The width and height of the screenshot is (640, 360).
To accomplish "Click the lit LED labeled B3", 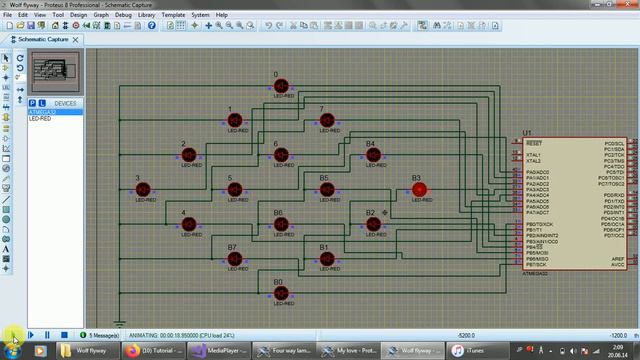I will coord(419,188).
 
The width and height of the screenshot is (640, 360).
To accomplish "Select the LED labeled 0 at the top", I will coord(281,86).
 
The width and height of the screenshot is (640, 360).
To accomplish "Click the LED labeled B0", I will coord(281,294).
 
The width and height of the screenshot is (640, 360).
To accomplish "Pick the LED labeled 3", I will coord(143,188).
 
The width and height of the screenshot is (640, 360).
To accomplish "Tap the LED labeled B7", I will coord(236,259).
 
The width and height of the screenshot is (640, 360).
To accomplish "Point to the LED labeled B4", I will coord(372,155).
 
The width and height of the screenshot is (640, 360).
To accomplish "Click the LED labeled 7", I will coord(326,120).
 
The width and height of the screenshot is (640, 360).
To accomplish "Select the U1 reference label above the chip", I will coord(527,133).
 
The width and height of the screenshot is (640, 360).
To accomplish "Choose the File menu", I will coord(9,16).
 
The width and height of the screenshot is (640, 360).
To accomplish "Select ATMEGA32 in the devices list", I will coord(42,111).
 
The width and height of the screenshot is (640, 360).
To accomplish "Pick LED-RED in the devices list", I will coord(41,118).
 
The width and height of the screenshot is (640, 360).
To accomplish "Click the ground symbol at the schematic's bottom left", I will coord(119,322).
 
